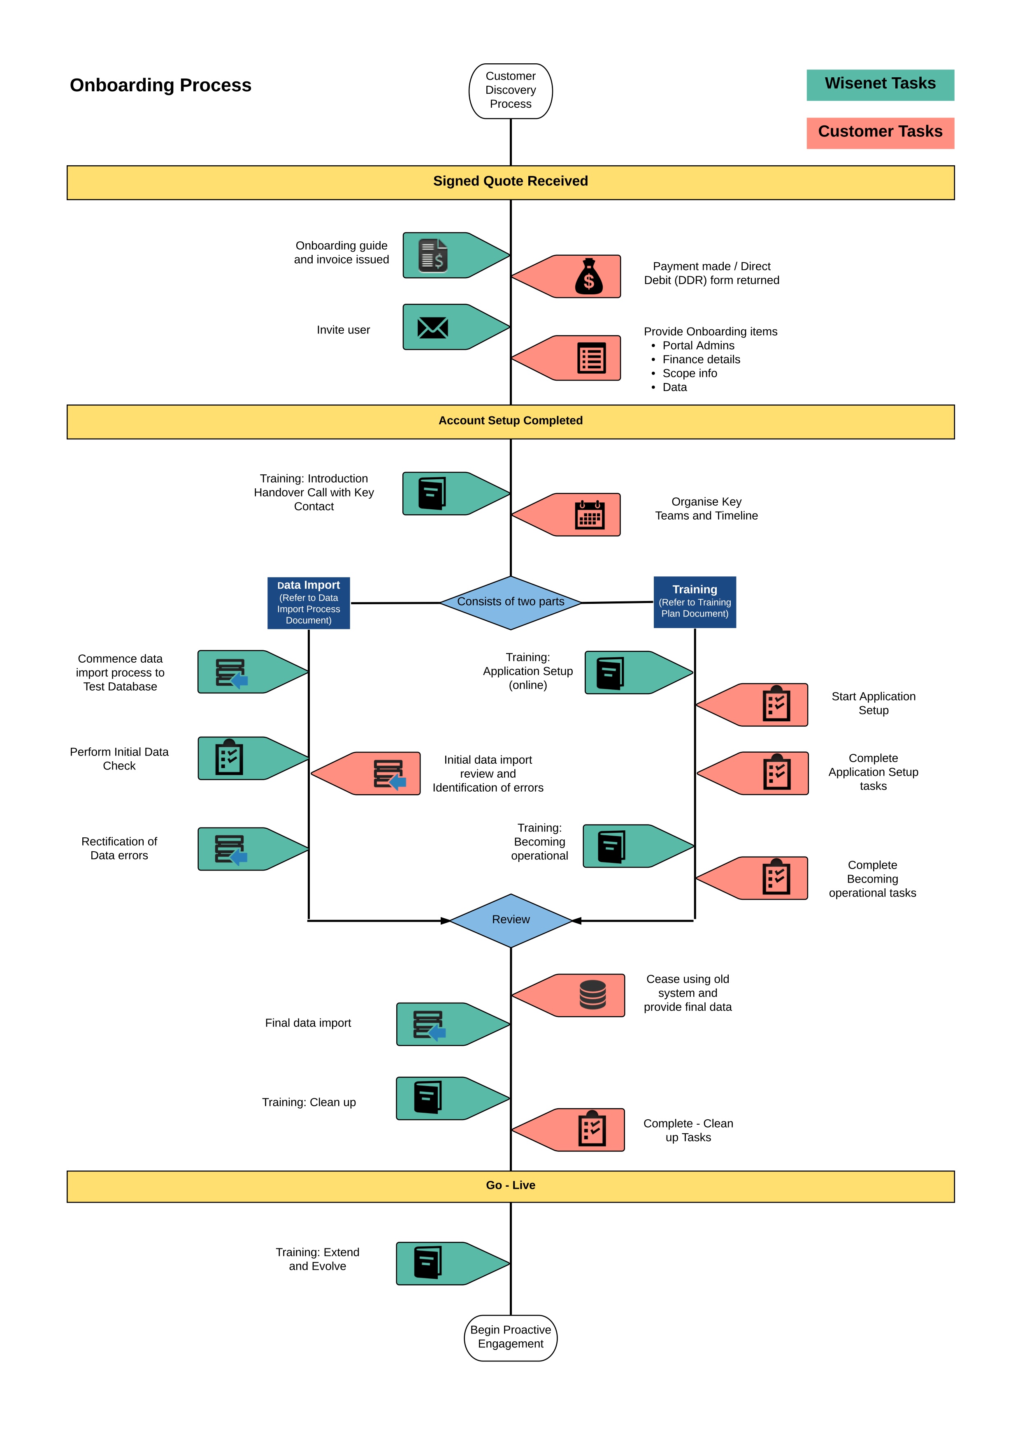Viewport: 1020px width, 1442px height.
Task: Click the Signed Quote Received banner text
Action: (x=510, y=182)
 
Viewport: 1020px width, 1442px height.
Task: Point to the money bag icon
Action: (x=588, y=277)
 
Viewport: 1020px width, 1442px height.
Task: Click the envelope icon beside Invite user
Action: (x=432, y=327)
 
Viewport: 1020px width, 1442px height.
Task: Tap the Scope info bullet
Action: (x=690, y=373)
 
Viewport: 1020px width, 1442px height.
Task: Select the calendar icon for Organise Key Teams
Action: (x=590, y=515)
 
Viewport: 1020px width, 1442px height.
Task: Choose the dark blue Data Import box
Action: (x=309, y=603)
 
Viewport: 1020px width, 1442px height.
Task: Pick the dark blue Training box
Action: (x=695, y=602)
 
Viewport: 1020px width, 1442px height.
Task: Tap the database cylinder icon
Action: (x=592, y=995)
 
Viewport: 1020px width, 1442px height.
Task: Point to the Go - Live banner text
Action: (x=510, y=1185)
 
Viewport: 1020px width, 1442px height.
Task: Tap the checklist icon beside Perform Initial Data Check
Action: (x=229, y=758)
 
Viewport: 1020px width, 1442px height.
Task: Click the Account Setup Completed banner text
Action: (x=510, y=421)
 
